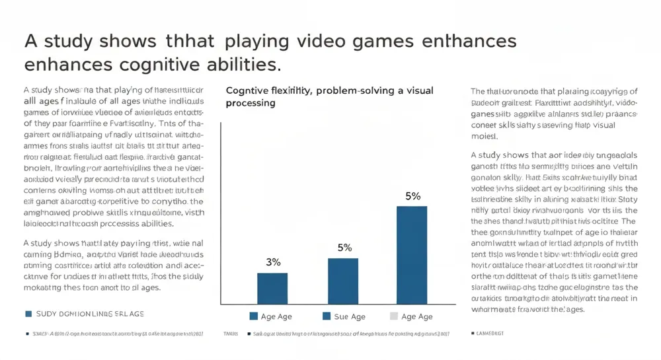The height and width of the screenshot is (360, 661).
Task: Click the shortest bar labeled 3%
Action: [272, 288]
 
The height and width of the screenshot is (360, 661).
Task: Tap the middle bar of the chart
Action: [342, 281]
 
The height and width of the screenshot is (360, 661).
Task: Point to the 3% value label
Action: [273, 262]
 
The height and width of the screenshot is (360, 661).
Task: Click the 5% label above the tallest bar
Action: [412, 196]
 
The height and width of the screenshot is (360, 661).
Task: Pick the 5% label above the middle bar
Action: [344, 248]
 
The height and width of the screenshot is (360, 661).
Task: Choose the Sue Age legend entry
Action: [344, 316]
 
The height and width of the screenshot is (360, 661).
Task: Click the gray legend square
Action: [394, 316]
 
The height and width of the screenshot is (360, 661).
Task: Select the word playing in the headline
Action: [257, 41]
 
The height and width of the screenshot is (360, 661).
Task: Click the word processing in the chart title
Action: [251, 104]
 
